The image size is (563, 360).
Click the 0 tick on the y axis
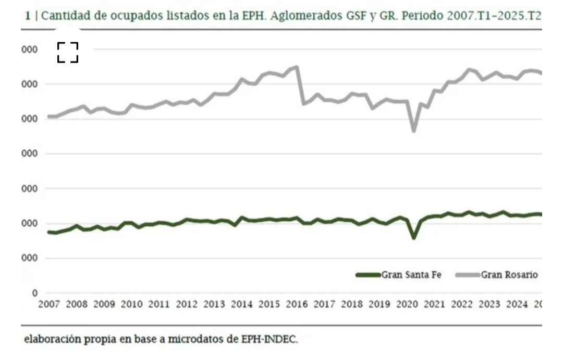tap(34, 293)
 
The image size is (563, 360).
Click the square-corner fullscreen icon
tap(68, 53)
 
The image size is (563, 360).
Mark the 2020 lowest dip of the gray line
tap(414, 130)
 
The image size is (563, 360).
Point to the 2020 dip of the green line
tap(414, 237)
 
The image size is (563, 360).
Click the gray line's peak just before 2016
tap(297, 67)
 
